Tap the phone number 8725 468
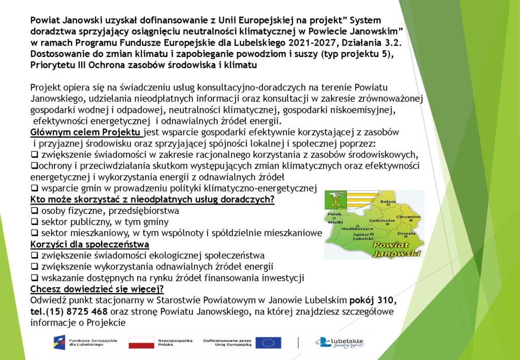(x=87, y=312)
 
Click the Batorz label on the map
(x=388, y=201)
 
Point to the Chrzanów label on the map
(x=408, y=217)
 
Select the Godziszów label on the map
(x=382, y=220)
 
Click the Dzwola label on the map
(x=406, y=234)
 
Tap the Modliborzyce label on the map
(x=357, y=228)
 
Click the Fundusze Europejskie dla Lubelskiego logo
(x=85, y=342)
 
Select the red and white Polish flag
(x=141, y=343)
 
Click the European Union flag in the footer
(x=268, y=343)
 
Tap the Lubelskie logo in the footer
(x=339, y=343)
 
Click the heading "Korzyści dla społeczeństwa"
(x=89, y=245)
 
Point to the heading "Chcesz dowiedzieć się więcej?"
(x=97, y=289)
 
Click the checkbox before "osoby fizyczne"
(x=35, y=211)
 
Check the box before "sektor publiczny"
(x=35, y=222)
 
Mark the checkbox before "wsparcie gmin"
(x=35, y=188)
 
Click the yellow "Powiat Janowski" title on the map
(x=397, y=250)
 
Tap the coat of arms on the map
(x=336, y=200)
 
